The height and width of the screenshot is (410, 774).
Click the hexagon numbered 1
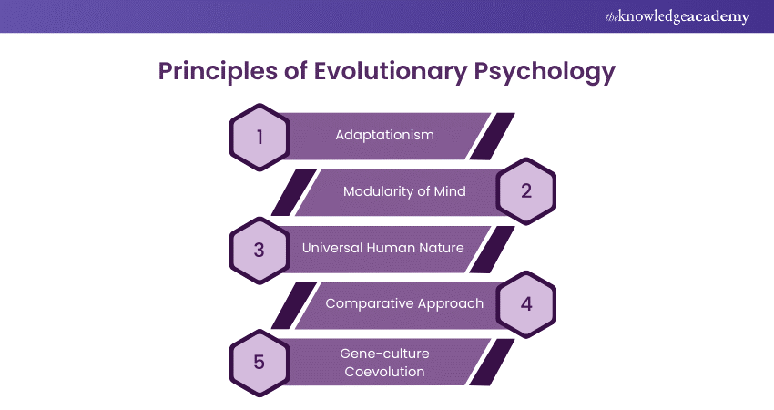[x=260, y=137]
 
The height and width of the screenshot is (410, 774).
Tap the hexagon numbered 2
[x=525, y=191]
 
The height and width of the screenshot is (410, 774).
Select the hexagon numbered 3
[x=260, y=248]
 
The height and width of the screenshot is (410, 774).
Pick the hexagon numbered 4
[x=525, y=303]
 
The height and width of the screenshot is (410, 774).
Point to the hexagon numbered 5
[x=260, y=362]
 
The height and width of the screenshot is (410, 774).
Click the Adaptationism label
[x=384, y=136]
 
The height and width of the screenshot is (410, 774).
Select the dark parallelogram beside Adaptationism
[x=493, y=136]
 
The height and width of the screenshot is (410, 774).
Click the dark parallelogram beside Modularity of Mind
[x=292, y=191]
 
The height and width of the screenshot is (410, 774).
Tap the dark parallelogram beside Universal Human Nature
[x=493, y=248]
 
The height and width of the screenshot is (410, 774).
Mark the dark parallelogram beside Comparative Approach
[x=292, y=303]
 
